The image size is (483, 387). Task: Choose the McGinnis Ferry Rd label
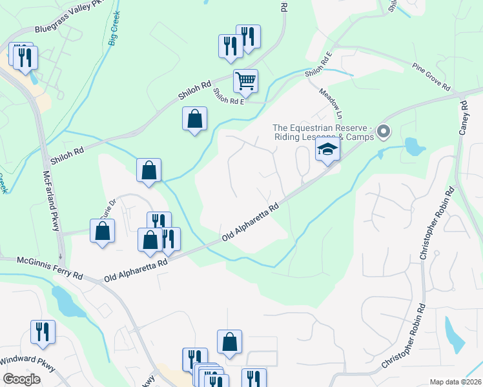41,267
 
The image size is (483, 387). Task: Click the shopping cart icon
245,81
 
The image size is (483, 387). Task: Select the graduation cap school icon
327,150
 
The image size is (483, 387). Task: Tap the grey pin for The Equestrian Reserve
384,132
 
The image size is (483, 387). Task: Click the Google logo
21,379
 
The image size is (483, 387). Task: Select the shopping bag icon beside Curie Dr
103,231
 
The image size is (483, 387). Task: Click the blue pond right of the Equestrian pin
413,147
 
